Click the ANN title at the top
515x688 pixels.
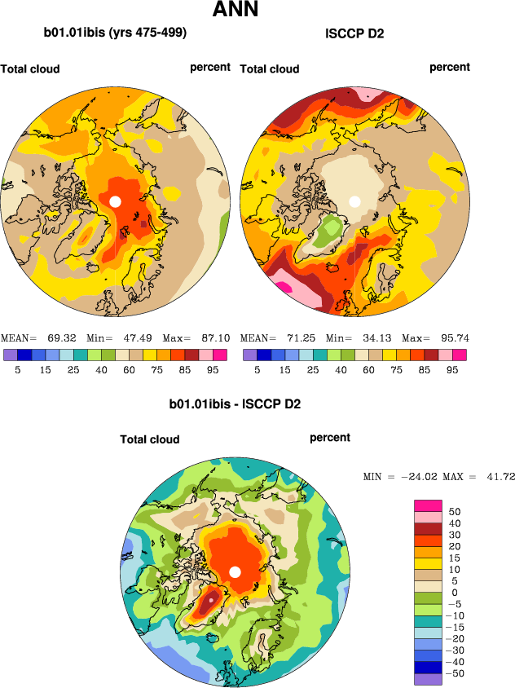tap(235, 11)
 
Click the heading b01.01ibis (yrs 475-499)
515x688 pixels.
tap(115, 33)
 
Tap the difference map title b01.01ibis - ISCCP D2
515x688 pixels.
tap(235, 404)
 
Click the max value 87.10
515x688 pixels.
tap(216, 337)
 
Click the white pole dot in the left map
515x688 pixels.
tap(115, 201)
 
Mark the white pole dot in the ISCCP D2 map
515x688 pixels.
tap(354, 201)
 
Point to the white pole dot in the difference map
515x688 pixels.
tap(235, 571)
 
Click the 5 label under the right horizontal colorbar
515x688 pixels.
tap(256, 369)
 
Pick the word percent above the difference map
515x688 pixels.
tap(330, 438)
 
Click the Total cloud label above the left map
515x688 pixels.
tap(30, 69)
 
